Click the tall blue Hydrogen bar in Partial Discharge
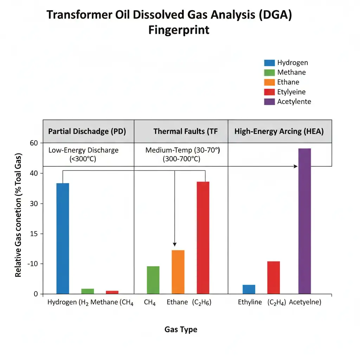click(x=63, y=238)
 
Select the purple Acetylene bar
click(x=304, y=221)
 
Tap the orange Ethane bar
click(x=178, y=272)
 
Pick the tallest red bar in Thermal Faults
click(x=203, y=237)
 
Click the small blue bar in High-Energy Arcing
click(x=249, y=289)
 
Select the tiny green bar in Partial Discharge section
click(x=88, y=291)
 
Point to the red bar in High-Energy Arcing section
click(x=274, y=277)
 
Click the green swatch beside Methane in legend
click(x=269, y=73)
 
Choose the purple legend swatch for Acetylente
click(x=269, y=102)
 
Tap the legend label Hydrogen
click(x=292, y=63)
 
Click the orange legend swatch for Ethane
click(x=269, y=83)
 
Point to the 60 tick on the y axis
click(x=33, y=143)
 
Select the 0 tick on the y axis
click(x=36, y=294)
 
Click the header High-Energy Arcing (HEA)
click(x=279, y=131)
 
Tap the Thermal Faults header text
click(x=185, y=131)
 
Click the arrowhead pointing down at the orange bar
click(x=175, y=244)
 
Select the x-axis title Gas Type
click(x=181, y=330)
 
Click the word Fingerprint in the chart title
click(x=179, y=30)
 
